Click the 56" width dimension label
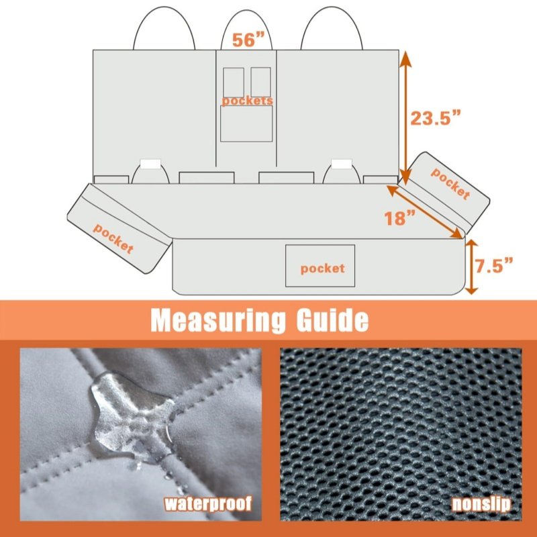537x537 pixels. [248, 40]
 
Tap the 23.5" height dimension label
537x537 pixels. [436, 118]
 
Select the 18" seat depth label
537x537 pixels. [399, 217]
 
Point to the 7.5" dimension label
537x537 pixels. [494, 266]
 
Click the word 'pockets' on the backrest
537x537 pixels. [247, 101]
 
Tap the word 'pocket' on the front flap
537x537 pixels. [322, 269]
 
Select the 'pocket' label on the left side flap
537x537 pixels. [113, 238]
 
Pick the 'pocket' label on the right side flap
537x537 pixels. [450, 183]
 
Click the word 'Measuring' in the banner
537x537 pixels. [217, 321]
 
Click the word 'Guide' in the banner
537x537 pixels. [332, 320]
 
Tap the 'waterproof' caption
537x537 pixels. [208, 503]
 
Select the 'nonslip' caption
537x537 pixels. [481, 504]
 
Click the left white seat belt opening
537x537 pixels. [150, 164]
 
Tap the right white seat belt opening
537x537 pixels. [342, 164]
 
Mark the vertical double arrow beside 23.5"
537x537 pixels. [405, 118]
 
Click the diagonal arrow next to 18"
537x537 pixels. [425, 211]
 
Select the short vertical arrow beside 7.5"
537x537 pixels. [471, 266]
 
